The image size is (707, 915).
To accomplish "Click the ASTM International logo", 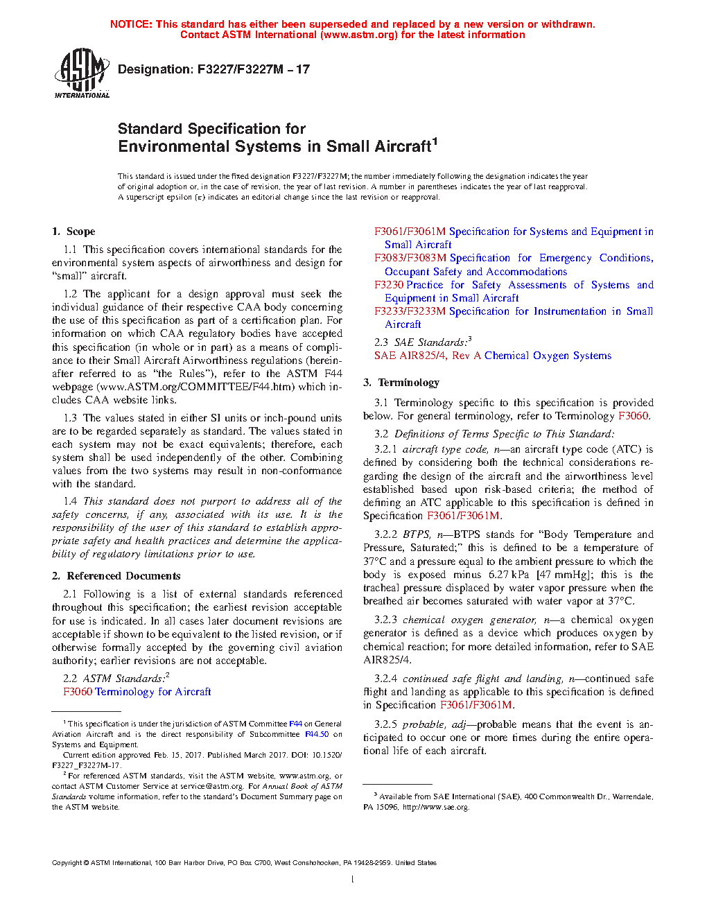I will tap(81, 73).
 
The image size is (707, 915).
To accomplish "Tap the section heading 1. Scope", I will tap(73, 232).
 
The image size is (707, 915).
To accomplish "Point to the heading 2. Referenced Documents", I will tap(116, 576).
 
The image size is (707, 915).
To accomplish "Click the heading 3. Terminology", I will tap(401, 383).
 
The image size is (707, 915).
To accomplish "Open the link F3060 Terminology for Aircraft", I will tap(137, 692).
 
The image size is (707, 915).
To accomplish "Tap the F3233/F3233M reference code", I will tap(410, 311).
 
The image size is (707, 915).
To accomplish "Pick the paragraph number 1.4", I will tap(70, 501).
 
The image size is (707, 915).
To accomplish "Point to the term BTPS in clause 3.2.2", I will tap(416, 534).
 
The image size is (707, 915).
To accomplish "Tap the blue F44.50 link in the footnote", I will tap(317, 734).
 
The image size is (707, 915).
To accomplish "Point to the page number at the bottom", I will tap(353, 880).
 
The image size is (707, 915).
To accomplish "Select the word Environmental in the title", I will tap(173, 146).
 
